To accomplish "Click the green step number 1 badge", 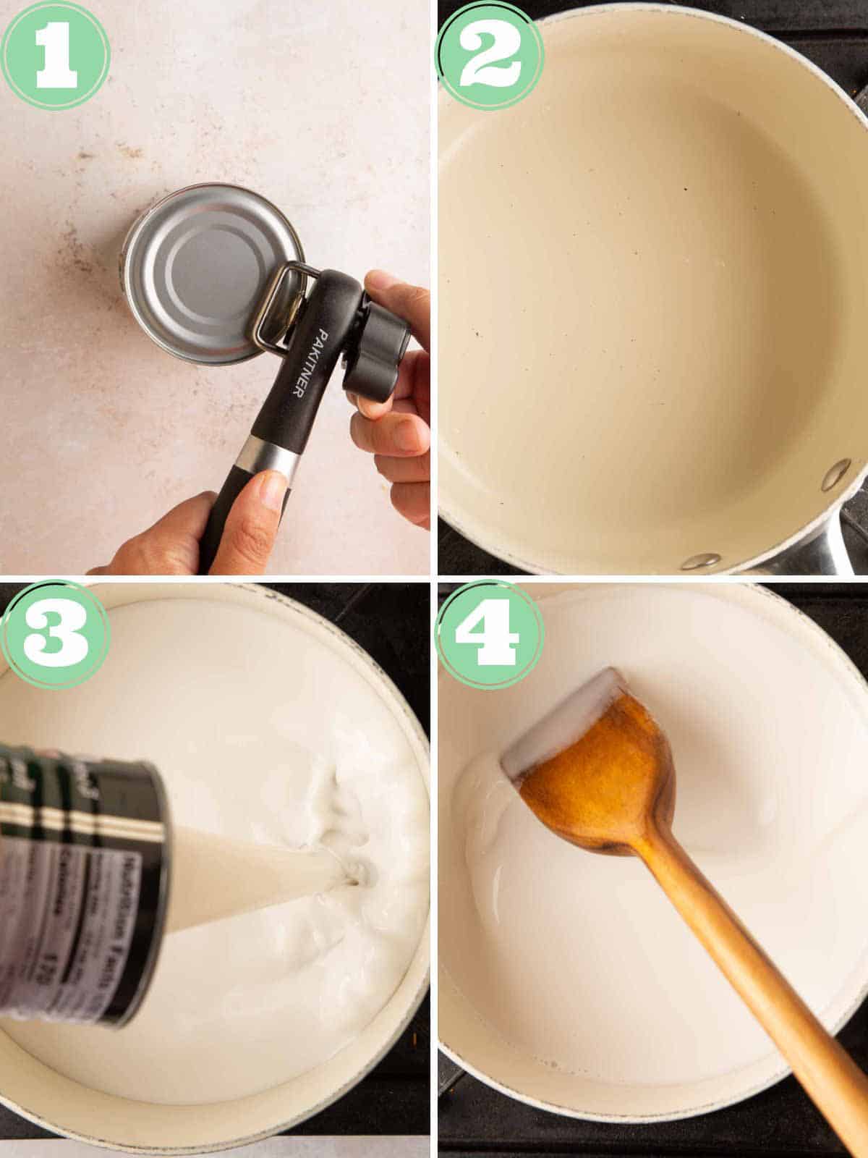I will tap(56, 55).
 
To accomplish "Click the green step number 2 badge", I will tap(490, 56).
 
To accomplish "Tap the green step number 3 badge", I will tap(56, 635).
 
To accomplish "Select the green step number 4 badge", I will tap(490, 635).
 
